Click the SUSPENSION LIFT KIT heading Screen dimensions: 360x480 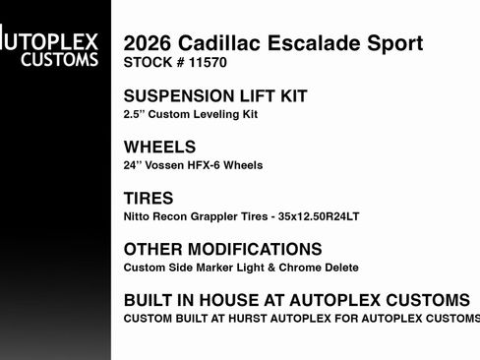click(215, 96)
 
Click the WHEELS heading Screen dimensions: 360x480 click(159, 147)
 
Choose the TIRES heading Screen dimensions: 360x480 click(150, 198)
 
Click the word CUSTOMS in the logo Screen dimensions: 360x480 click(64, 60)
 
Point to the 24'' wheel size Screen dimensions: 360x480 click(134, 164)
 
